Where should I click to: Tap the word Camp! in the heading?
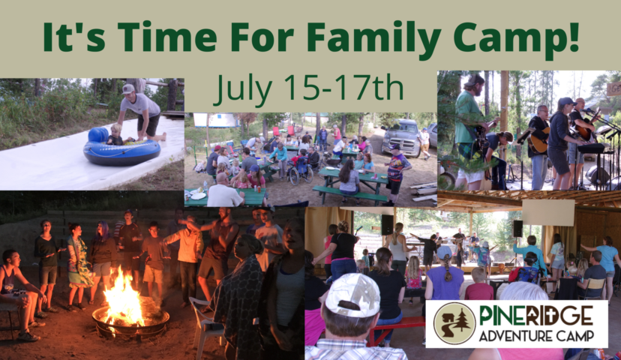pos(516,37)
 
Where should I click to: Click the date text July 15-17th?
pos(308,87)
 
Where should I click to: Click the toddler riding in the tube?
pos(115,135)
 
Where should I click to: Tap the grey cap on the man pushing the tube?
pos(128,88)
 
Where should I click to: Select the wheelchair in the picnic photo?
pos(301,172)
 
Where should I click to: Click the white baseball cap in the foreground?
pos(352,294)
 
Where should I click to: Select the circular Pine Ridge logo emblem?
pos(454,323)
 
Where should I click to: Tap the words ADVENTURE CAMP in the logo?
pos(536,336)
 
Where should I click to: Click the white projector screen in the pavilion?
pos(548,212)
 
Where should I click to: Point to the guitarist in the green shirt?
pos(471,130)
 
